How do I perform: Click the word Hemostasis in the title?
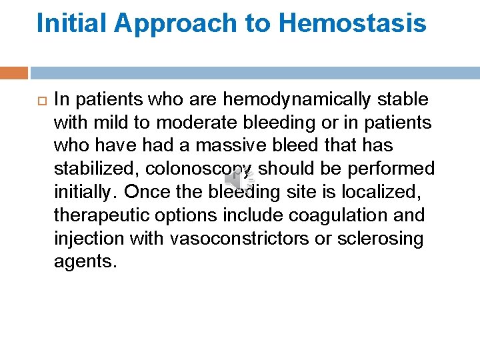[x=352, y=23]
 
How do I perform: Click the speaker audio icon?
[x=238, y=180]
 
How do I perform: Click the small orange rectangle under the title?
[x=14, y=73]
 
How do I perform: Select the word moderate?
[x=188, y=123]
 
